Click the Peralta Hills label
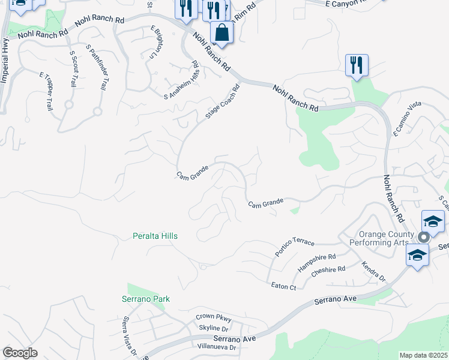click(155, 236)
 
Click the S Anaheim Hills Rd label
click(182, 79)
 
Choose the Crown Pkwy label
click(213, 318)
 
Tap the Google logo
click(20, 353)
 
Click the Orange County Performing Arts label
click(387, 239)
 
